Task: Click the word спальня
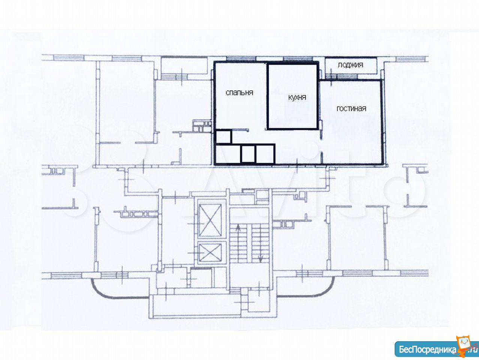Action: coord(240,93)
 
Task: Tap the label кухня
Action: coord(297,97)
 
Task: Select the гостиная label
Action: coord(351,109)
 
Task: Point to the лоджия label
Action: coord(350,65)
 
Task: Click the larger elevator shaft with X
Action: coord(210,220)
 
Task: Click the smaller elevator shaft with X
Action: coord(210,253)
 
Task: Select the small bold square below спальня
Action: coord(223,137)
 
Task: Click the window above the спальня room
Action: coord(241,58)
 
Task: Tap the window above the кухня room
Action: coord(298,58)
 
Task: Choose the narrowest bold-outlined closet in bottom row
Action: coord(248,154)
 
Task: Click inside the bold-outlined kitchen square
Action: coord(292,96)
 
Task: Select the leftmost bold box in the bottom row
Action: coord(228,154)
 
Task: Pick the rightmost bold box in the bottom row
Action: coord(265,154)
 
